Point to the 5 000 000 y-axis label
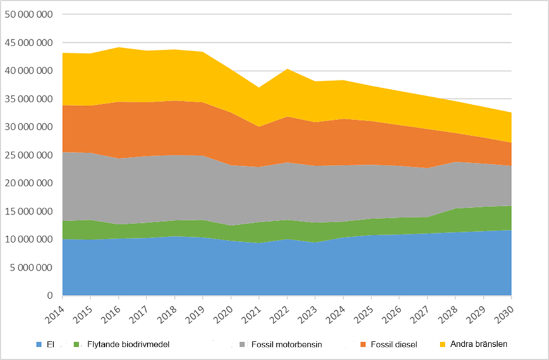[x=32, y=268]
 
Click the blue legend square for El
[x=40, y=344]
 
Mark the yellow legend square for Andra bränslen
[x=442, y=344]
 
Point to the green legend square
[x=78, y=344]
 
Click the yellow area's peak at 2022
[x=287, y=69]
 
